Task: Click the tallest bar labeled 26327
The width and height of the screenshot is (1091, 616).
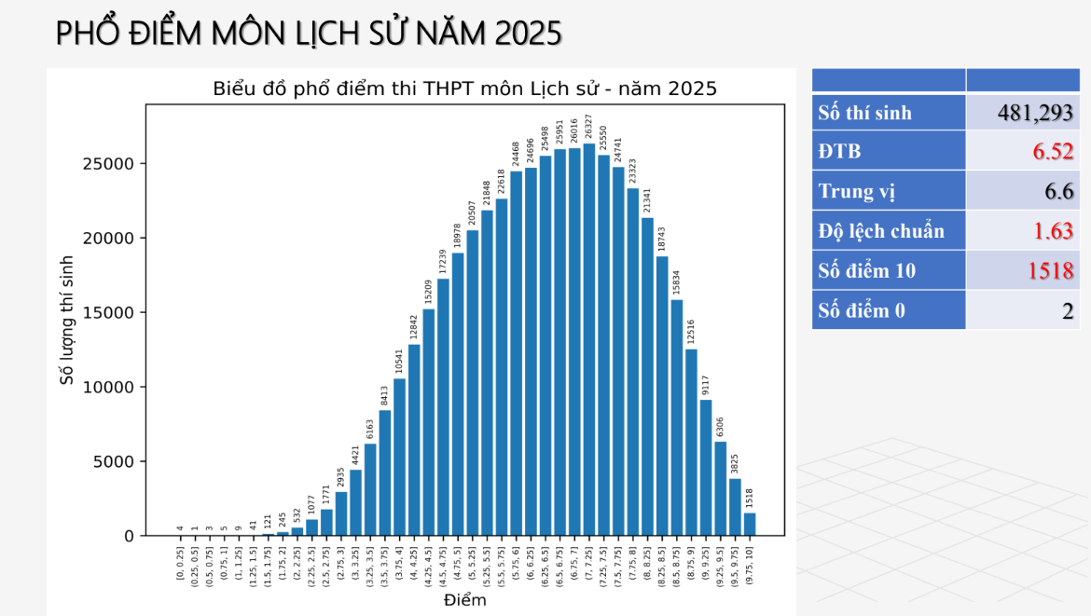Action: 588,340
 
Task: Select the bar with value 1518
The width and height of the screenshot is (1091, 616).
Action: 750,525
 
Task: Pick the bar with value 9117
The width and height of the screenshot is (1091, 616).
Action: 706,468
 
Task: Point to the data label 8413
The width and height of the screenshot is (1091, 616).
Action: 384,396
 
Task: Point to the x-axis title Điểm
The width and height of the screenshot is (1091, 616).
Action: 464,600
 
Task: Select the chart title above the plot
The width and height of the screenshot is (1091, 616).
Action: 464,89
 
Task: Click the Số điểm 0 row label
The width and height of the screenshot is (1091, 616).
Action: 862,310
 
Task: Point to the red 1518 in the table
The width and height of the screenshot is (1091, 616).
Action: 1051,271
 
